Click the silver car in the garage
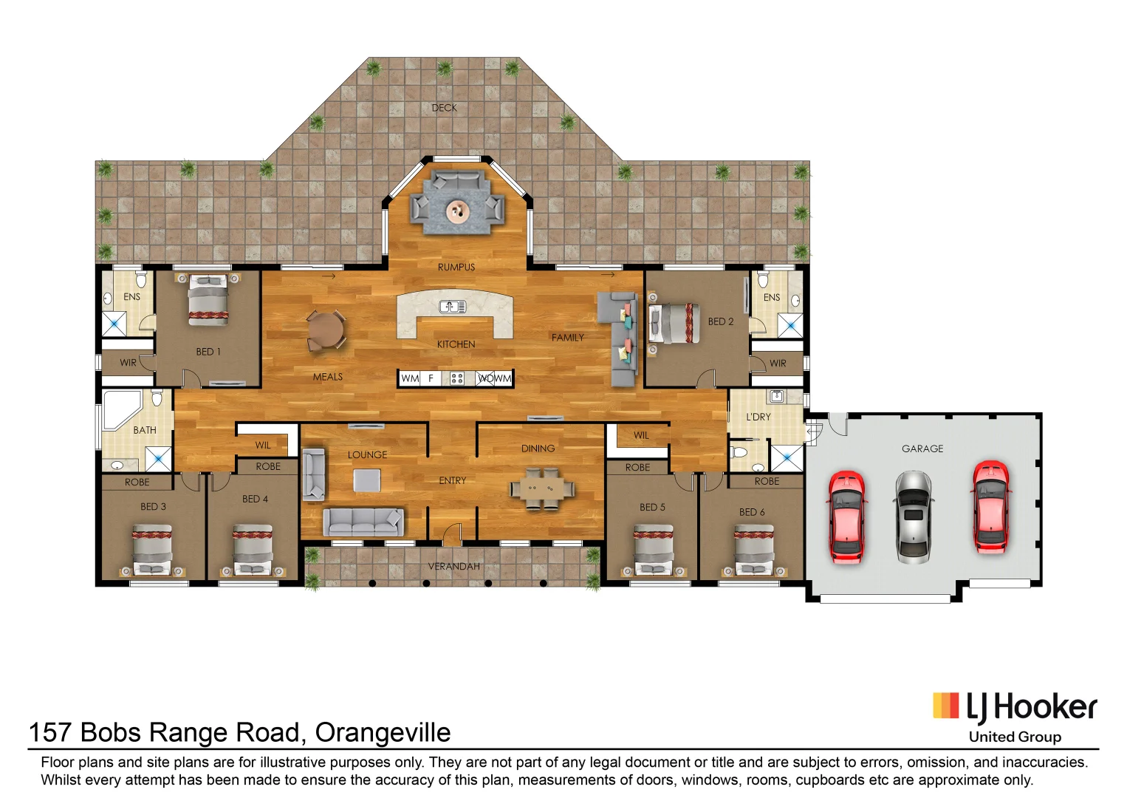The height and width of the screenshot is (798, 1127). click(x=913, y=516)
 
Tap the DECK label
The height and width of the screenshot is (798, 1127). click(x=444, y=108)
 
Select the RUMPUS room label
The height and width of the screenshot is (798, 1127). click(x=456, y=267)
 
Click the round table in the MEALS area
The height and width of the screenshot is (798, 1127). click(x=326, y=330)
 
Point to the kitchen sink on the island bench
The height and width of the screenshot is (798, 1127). click(x=453, y=307)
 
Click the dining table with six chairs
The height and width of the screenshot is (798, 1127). click(x=542, y=488)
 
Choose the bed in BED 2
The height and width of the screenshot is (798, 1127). click(x=674, y=324)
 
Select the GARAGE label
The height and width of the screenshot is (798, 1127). click(x=922, y=449)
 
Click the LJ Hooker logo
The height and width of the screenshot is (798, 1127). click(x=1015, y=708)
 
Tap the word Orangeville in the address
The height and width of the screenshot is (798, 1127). click(x=383, y=732)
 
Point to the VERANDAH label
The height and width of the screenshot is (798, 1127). click(x=453, y=566)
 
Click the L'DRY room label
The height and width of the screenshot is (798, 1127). click(x=758, y=417)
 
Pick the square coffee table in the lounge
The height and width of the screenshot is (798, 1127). click(x=366, y=480)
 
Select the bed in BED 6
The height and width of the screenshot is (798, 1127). click(x=754, y=550)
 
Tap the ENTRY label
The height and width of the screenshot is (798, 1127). click(x=453, y=480)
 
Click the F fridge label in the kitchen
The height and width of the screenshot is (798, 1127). click(x=431, y=378)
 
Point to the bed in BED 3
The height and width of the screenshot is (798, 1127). click(x=152, y=550)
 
